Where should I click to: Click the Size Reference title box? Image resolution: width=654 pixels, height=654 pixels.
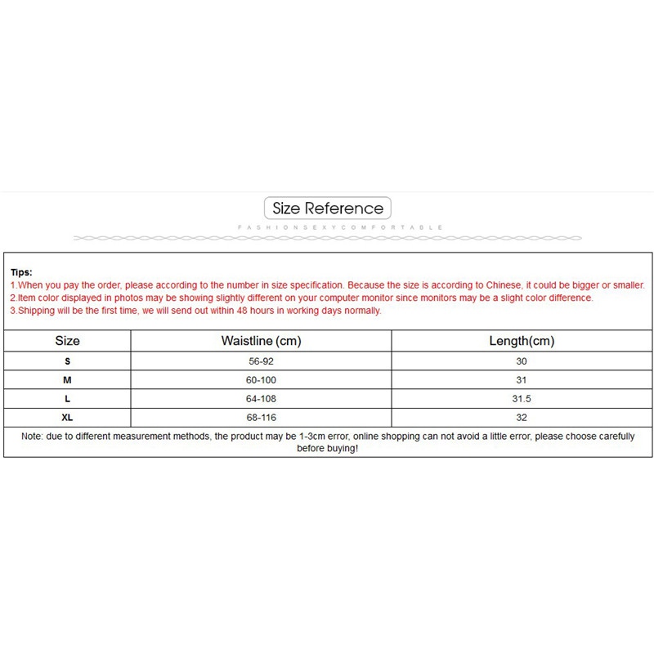[328, 208]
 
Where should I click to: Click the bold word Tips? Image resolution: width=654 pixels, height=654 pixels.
[21, 271]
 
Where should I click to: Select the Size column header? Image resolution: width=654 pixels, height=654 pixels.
[67, 341]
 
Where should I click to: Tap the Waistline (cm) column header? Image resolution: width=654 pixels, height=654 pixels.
[261, 341]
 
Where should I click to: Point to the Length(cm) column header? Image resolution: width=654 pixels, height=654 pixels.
[522, 341]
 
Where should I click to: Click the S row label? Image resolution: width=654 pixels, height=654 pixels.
[67, 361]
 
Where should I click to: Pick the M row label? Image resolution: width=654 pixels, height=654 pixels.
[67, 380]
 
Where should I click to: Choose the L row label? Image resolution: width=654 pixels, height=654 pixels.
[67, 399]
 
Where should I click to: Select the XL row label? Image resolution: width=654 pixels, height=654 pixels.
[67, 418]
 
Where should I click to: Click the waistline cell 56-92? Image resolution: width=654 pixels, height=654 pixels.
[261, 361]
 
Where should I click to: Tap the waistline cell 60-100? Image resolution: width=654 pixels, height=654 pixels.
[261, 380]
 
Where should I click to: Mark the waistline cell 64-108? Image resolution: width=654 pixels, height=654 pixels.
[261, 399]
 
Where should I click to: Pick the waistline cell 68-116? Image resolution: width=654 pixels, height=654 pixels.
[261, 418]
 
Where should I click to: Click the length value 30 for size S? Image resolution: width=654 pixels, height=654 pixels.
[522, 361]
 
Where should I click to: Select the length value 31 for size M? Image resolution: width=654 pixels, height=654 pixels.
[522, 380]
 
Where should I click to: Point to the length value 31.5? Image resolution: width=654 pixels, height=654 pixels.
[522, 399]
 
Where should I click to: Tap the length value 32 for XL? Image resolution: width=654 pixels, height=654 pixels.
[522, 418]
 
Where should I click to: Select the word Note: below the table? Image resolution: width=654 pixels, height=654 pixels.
[33, 437]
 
